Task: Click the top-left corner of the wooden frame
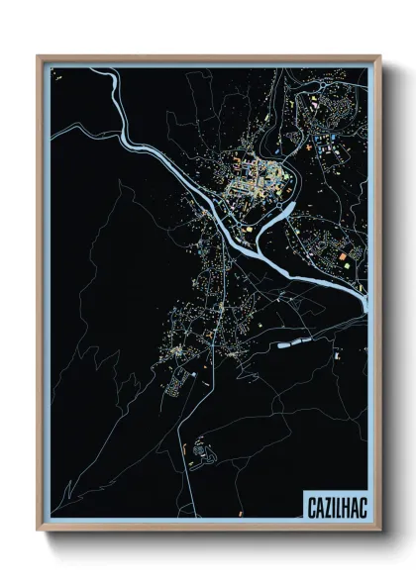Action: [38, 56]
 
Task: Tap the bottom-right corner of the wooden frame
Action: [380, 531]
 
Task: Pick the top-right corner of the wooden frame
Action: [380, 56]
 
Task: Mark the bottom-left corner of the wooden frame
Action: [38, 531]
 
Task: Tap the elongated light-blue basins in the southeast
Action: [297, 343]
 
